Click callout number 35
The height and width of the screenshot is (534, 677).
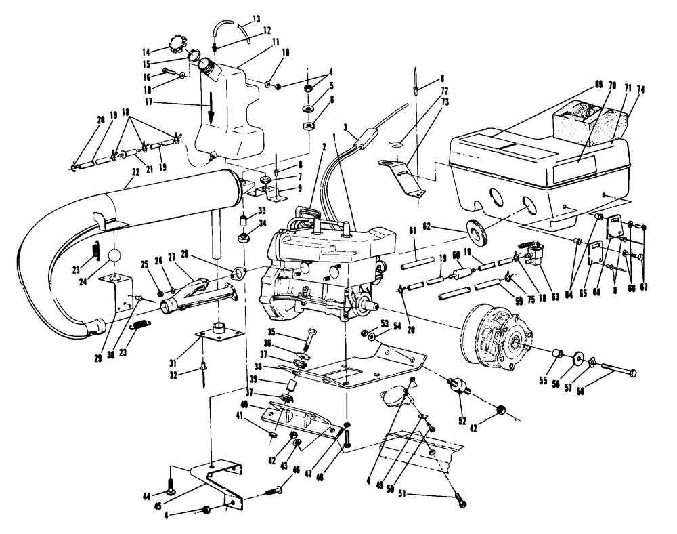coord(290,332)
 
